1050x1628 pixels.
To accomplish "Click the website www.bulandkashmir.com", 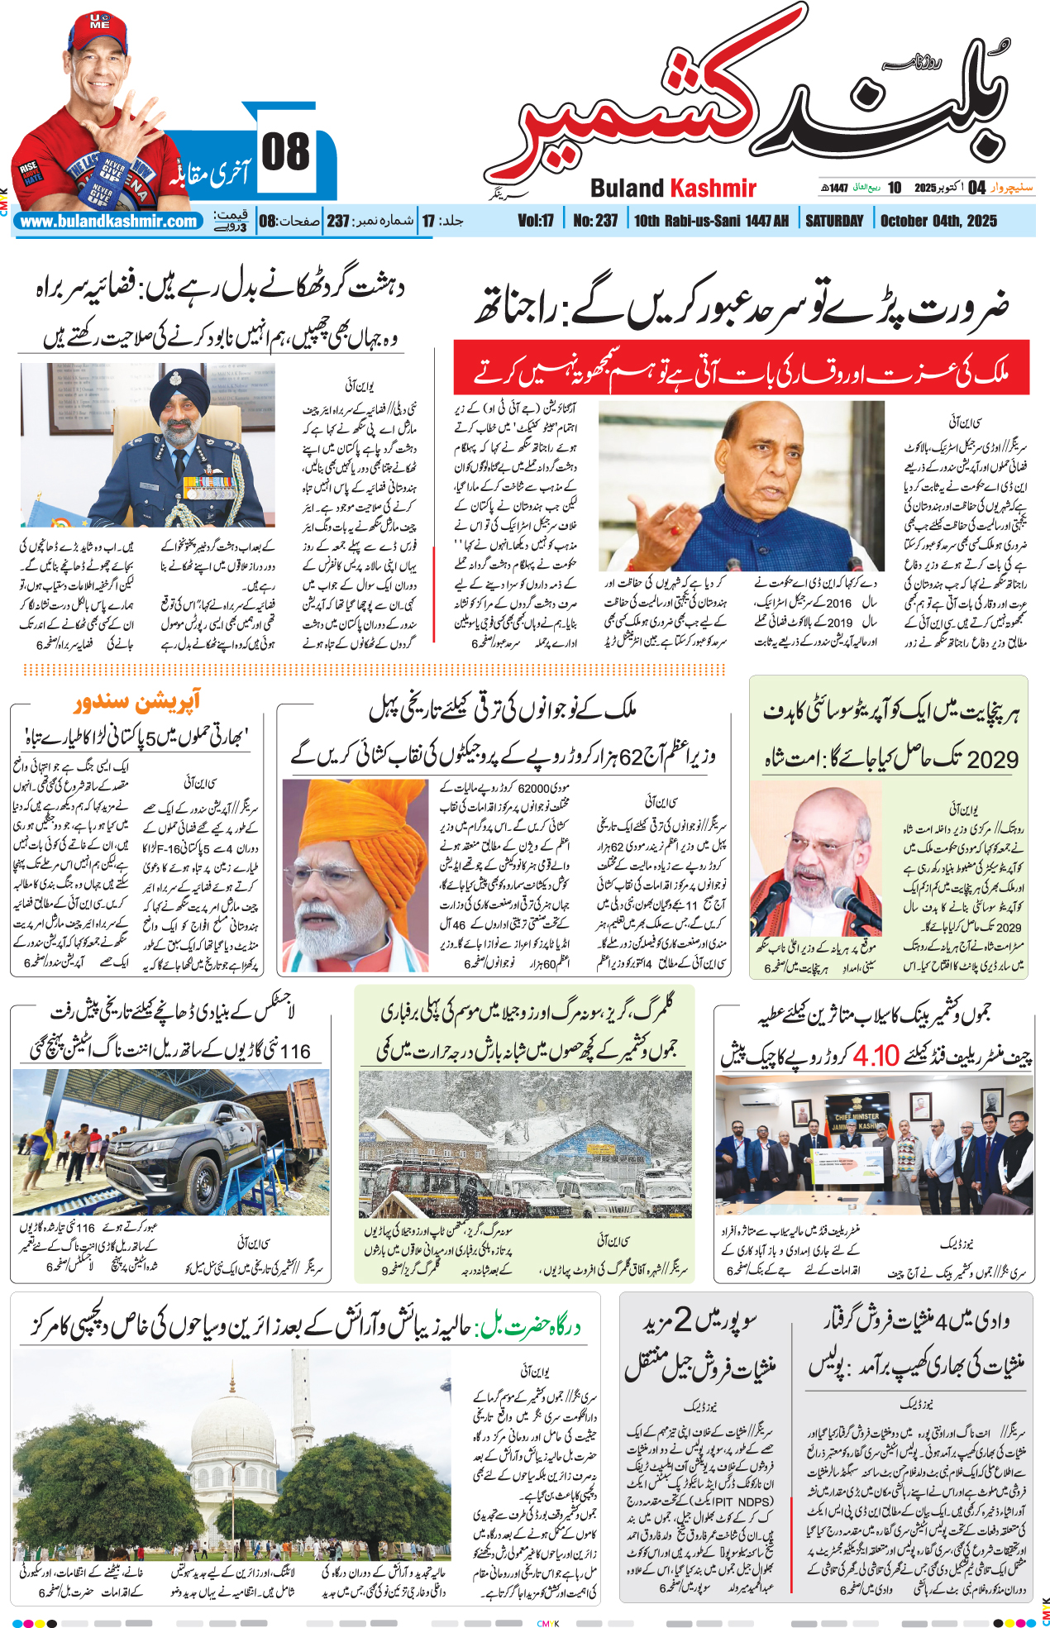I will click(108, 222).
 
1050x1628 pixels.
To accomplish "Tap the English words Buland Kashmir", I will click(673, 189).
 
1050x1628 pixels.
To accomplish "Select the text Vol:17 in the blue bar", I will click(536, 221).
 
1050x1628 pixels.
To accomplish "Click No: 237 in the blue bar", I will click(595, 221).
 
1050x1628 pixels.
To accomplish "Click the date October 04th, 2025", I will click(938, 221).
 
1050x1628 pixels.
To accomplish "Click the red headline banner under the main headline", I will click(741, 368).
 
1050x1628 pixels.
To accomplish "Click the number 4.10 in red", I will click(876, 1056).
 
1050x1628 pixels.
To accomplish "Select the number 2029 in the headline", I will click(992, 759).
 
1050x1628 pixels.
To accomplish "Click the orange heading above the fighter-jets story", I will click(137, 702).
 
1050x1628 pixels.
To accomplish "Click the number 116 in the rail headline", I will click(294, 1052).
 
